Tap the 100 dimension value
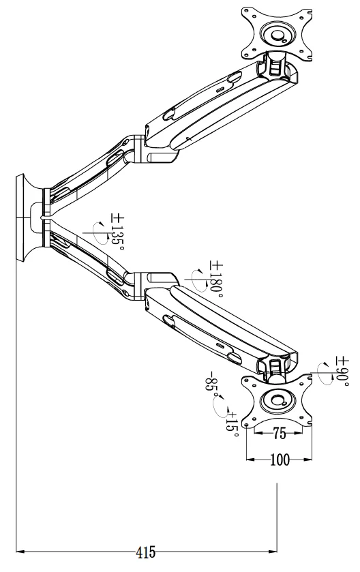pos(280,460)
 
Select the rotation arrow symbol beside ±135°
pos(101,232)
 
